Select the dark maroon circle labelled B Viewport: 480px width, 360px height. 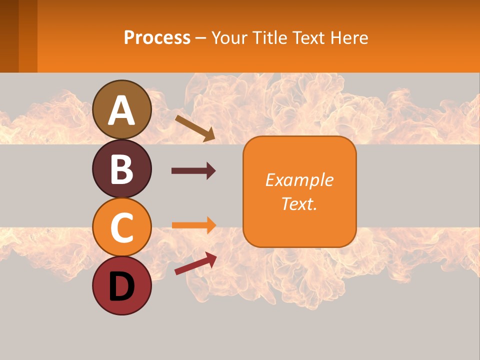(x=121, y=168)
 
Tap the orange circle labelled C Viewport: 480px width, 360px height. (x=121, y=227)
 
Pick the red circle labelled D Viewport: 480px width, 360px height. (x=121, y=285)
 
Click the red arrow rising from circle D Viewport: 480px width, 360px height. (x=195, y=263)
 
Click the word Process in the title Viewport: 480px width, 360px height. (x=157, y=37)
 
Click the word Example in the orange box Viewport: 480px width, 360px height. (x=299, y=180)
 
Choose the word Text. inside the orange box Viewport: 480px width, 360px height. (x=299, y=203)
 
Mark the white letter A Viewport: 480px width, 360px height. (x=121, y=110)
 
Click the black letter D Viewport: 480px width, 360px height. (x=121, y=287)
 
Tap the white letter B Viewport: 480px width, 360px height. (x=121, y=169)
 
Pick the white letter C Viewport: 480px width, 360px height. (x=121, y=227)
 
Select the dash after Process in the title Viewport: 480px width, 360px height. (x=201, y=38)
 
